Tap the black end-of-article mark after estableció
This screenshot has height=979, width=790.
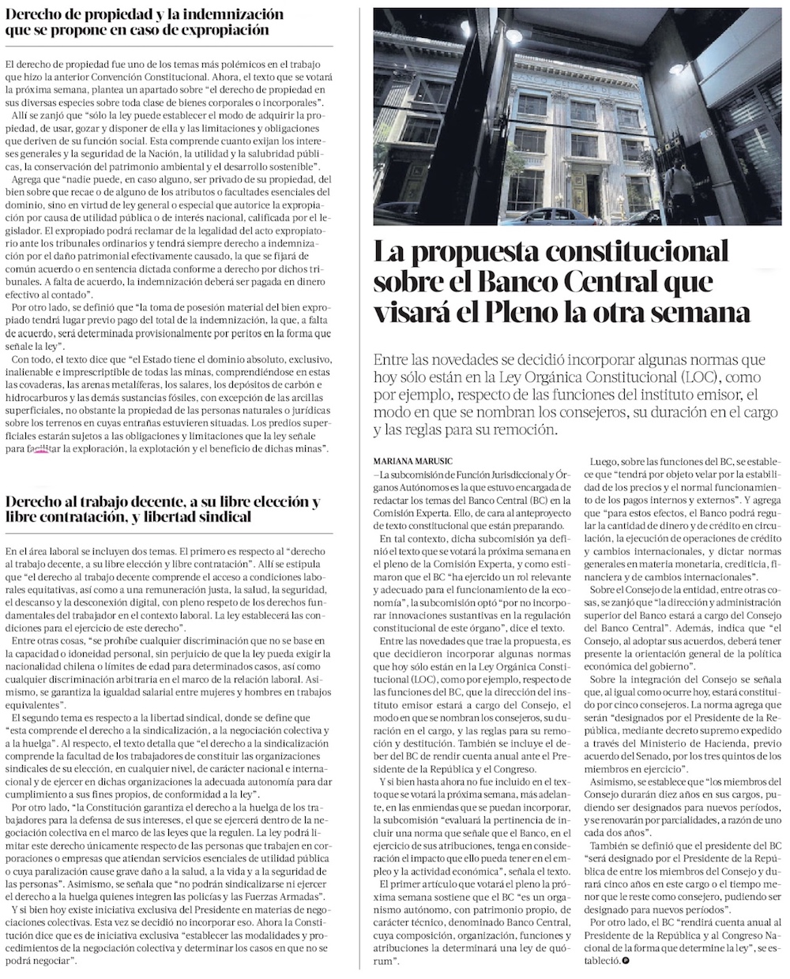point(626,962)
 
